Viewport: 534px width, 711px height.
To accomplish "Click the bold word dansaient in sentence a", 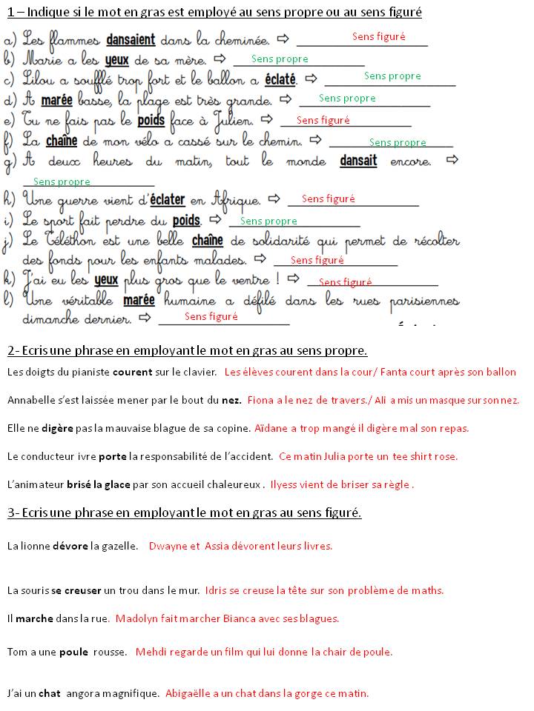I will click(131, 39).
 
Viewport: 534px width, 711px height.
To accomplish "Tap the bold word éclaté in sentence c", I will click(280, 79).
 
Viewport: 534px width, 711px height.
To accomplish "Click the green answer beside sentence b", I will click(280, 59).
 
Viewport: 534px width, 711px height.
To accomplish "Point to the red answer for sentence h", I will click(329, 198).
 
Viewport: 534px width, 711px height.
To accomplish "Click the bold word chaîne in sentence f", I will click(62, 140).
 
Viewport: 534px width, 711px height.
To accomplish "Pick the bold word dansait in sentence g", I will click(358, 160).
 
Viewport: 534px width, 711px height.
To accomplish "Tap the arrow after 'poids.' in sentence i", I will click(216, 220).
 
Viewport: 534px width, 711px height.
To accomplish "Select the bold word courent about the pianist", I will click(134, 372).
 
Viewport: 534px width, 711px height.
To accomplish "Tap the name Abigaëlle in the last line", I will click(189, 694).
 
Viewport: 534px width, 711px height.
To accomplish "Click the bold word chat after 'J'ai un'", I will click(49, 694).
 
